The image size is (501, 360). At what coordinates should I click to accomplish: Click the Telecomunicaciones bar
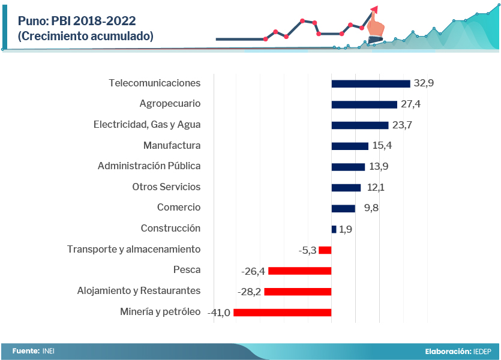pyautogui.click(x=371, y=84)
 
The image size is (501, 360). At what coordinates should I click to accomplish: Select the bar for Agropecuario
pyautogui.click(x=364, y=104)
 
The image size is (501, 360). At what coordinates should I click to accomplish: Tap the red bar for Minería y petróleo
pyautogui.click(x=282, y=313)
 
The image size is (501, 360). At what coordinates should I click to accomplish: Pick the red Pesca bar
pyautogui.click(x=299, y=271)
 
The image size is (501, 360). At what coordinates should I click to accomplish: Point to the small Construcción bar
pyautogui.click(x=334, y=229)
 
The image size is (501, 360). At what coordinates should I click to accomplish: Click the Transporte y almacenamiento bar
pyautogui.click(x=325, y=250)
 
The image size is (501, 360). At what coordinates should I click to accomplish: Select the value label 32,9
pyautogui.click(x=423, y=83)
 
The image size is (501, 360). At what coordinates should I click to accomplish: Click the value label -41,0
pyautogui.click(x=219, y=313)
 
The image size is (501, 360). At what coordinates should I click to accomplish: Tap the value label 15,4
pyautogui.click(x=382, y=146)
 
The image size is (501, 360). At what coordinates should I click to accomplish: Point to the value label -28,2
pyautogui.click(x=250, y=292)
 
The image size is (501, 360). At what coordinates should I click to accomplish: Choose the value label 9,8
pyautogui.click(x=371, y=208)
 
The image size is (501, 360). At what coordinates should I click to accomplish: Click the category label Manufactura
pyautogui.click(x=172, y=146)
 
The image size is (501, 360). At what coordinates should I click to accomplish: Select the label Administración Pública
pyautogui.click(x=149, y=166)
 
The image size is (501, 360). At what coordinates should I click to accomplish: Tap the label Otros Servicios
pyautogui.click(x=166, y=187)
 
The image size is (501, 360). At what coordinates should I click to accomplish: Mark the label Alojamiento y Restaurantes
pyautogui.click(x=139, y=291)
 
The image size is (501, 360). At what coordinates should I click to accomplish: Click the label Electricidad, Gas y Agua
pyautogui.click(x=147, y=125)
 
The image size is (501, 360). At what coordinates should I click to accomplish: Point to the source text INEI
pyautogui.click(x=49, y=351)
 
